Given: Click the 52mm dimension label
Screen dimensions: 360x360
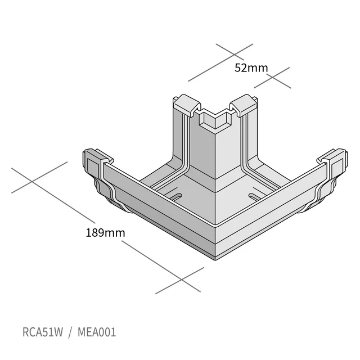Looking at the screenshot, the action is coord(251,67).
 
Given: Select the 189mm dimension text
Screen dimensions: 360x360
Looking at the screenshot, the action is coord(105,232).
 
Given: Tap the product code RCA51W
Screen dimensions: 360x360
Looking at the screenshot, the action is coord(43,332).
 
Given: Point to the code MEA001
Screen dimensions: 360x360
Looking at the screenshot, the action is coord(97,332).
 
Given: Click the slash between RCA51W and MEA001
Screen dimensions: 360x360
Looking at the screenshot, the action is coord(70,332).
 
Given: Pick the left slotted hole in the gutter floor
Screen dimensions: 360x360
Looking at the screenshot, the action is coord(176,196).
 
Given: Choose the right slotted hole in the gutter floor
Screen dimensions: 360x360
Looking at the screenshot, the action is coord(255,196).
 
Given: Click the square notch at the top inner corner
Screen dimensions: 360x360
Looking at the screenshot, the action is coord(215,119).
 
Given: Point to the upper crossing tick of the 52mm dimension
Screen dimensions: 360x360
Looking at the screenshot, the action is coord(234,55).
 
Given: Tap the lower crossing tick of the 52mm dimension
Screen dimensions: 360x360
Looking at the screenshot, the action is coord(272,78).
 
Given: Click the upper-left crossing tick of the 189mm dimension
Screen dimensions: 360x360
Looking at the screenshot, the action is coord(32,181).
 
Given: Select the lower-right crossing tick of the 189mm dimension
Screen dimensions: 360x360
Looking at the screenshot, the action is coord(181,280).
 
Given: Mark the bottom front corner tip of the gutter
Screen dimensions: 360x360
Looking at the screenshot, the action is coord(215,260).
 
